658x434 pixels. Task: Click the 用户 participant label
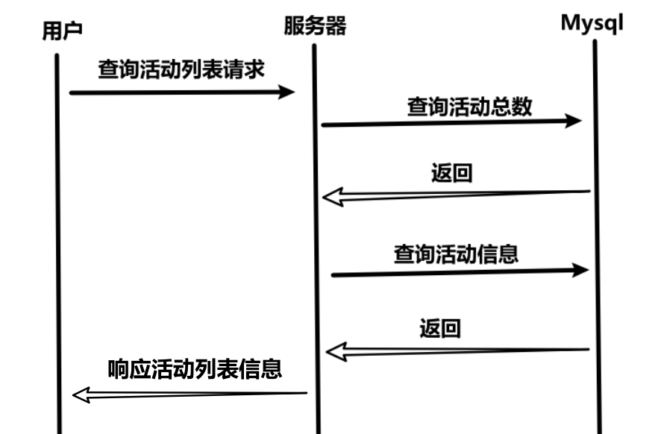62,31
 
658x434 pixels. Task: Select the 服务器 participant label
315,27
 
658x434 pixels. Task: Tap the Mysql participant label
592,22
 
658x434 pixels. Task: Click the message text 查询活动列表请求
181,69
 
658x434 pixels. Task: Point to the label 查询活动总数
469,107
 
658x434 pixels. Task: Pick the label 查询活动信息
456,254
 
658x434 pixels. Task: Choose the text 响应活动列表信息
195,368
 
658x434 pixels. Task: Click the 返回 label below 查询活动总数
451,174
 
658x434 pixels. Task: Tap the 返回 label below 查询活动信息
440,327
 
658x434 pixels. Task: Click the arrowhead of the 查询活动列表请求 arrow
288,92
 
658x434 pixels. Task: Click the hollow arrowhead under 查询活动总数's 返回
332,197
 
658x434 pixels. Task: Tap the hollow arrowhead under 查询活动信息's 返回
337,350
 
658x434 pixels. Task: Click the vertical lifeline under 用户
57,224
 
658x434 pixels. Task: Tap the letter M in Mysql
571,22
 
